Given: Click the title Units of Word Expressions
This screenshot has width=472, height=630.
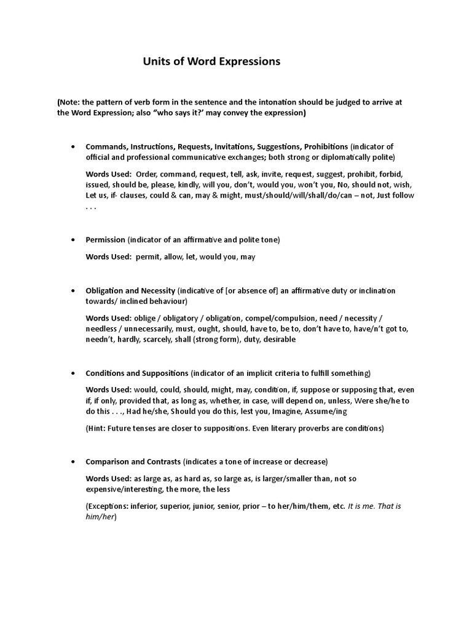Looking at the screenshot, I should pyautogui.click(x=211, y=62).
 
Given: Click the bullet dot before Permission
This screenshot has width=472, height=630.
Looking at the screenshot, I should pyautogui.click(x=73, y=239).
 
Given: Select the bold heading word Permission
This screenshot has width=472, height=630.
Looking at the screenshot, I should pyautogui.click(x=105, y=239).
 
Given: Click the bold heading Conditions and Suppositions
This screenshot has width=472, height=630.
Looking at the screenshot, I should pyautogui.click(x=136, y=373).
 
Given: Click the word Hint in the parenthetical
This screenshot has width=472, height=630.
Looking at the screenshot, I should pyautogui.click(x=97, y=428).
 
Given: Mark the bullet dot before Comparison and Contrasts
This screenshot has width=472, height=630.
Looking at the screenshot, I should pyautogui.click(x=73, y=461).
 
